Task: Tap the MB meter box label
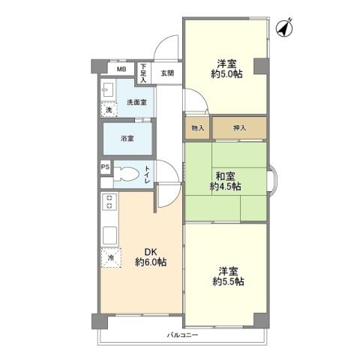pyautogui.click(x=120, y=71)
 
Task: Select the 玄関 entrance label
pyautogui.click(x=166, y=73)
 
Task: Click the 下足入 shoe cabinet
pyautogui.click(x=143, y=73)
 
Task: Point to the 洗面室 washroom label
pyautogui.click(x=136, y=101)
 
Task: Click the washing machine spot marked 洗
pyautogui.click(x=109, y=109)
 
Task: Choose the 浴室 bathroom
pyautogui.click(x=127, y=139)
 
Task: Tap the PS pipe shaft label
pyautogui.click(x=105, y=167)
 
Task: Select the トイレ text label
pyautogui.click(x=148, y=175)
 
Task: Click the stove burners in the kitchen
pyautogui.click(x=109, y=202)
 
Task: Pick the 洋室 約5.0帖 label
pyautogui.click(x=224, y=69)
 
